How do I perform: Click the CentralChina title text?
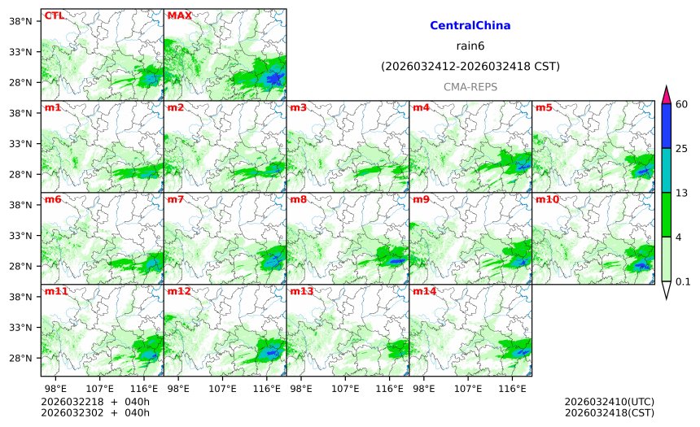point(470,26)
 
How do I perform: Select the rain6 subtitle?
point(470,46)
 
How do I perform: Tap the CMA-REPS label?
point(470,86)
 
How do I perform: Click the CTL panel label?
point(54,15)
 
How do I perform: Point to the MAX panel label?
point(179,15)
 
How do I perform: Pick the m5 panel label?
point(543,107)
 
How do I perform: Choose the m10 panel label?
point(546,199)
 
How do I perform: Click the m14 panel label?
point(423,291)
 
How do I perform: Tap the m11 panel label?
point(56,291)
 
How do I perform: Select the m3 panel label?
point(298,107)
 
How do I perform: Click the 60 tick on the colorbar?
point(682,103)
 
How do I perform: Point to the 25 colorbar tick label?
point(682,148)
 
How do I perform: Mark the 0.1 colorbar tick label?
point(683,282)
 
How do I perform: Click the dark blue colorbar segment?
point(666,126)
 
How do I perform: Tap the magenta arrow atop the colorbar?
point(666,94)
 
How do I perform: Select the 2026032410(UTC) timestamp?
point(609,402)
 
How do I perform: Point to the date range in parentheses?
point(470,66)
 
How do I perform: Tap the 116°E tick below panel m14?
point(512,389)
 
